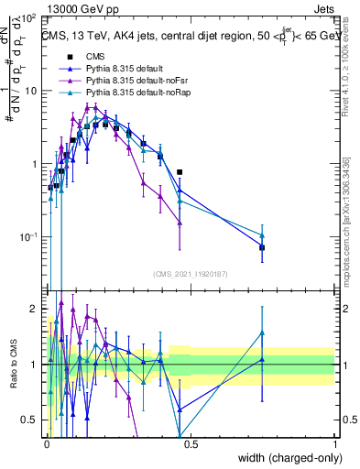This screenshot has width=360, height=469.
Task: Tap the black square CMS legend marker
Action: point(68,57)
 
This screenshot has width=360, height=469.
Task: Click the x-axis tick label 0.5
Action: point(191,443)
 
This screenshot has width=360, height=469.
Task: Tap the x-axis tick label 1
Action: point(334,443)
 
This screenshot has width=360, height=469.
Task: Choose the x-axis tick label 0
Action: point(47,443)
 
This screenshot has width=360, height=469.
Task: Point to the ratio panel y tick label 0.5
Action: point(29,420)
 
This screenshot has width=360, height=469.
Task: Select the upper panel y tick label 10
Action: point(31,92)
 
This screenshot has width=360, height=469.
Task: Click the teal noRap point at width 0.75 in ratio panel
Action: point(262,333)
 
